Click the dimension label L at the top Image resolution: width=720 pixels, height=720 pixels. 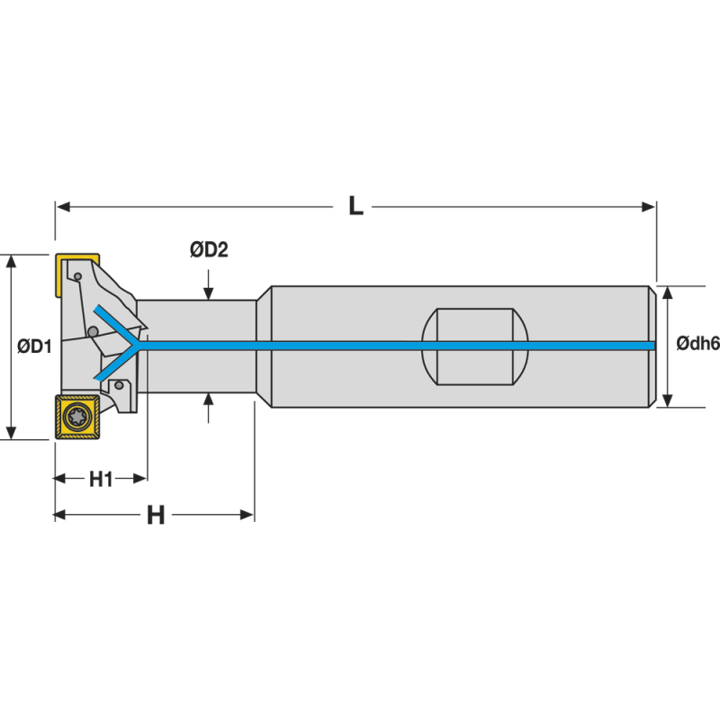click(356, 207)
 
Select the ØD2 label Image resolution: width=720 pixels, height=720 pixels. click(209, 250)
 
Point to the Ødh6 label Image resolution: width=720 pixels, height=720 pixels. click(698, 343)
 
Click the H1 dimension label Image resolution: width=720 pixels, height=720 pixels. click(101, 479)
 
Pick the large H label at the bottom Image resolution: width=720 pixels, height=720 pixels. click(156, 516)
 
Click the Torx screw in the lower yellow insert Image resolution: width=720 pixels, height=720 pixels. click(75, 415)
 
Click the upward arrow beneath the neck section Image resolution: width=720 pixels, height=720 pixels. click(209, 403)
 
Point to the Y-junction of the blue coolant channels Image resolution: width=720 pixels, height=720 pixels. click(139, 344)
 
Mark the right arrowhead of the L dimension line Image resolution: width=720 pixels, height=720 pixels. click(649, 207)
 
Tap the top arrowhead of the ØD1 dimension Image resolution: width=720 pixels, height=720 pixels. click(12, 262)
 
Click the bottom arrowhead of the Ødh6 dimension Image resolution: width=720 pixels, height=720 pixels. click(668, 400)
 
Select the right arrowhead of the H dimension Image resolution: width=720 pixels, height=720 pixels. click(247, 516)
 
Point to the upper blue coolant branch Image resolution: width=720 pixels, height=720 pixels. click(112, 321)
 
